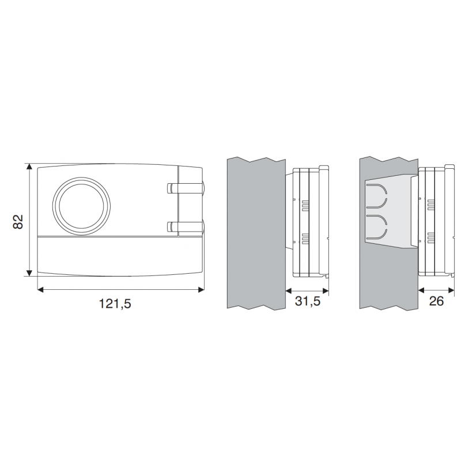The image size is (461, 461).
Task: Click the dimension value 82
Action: point(18,222)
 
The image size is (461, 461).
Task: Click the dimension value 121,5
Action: point(115,304)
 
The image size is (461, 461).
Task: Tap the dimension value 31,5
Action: point(308,301)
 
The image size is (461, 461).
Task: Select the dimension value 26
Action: point(436,301)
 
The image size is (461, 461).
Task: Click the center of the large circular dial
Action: point(82,206)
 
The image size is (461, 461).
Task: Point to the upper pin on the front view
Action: point(185,188)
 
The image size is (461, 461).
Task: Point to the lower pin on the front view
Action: point(185,226)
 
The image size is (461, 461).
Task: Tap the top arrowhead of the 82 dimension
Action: point(29,167)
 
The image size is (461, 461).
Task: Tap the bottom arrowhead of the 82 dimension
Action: point(29,273)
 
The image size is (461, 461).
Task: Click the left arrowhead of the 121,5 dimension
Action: point(40,290)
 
